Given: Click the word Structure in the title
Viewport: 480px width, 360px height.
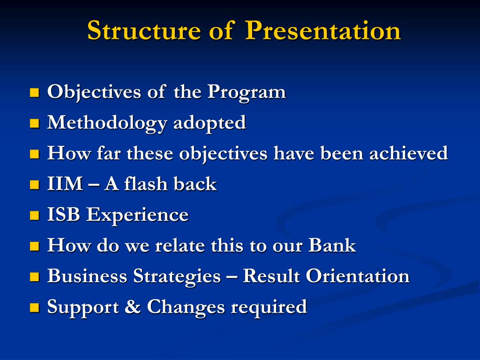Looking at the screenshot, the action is [x=144, y=30].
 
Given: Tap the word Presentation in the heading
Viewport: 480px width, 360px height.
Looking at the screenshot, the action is [x=323, y=30].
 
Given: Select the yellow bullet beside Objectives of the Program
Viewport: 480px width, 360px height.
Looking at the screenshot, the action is [x=35, y=92].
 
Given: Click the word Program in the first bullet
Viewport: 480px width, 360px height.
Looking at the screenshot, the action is [x=247, y=92].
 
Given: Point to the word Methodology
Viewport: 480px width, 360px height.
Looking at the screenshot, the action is [x=107, y=123].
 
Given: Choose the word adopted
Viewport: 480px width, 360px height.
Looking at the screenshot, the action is [x=210, y=123].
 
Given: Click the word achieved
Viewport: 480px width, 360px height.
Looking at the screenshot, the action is [x=408, y=153].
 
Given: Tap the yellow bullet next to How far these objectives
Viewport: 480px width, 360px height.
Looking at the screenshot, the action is [x=35, y=154].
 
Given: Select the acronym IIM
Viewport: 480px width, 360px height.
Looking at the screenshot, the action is [x=65, y=184].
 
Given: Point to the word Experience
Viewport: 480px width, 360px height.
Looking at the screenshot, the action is [x=137, y=215].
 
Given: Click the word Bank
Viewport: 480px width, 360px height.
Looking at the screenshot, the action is [x=332, y=245].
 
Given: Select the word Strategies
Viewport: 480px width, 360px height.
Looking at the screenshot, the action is [x=177, y=276].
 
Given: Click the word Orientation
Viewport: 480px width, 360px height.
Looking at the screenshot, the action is [x=358, y=276].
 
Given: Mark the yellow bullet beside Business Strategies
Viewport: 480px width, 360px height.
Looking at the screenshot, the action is [x=35, y=277].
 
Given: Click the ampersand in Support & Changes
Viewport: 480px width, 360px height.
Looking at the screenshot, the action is [x=133, y=307].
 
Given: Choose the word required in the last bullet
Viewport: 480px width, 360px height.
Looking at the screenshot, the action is [x=269, y=307].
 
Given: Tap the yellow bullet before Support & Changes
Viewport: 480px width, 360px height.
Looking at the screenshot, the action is [x=35, y=307].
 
